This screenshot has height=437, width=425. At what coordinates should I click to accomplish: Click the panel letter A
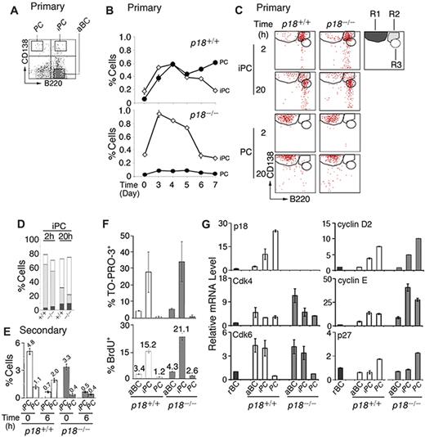coord(7,8)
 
